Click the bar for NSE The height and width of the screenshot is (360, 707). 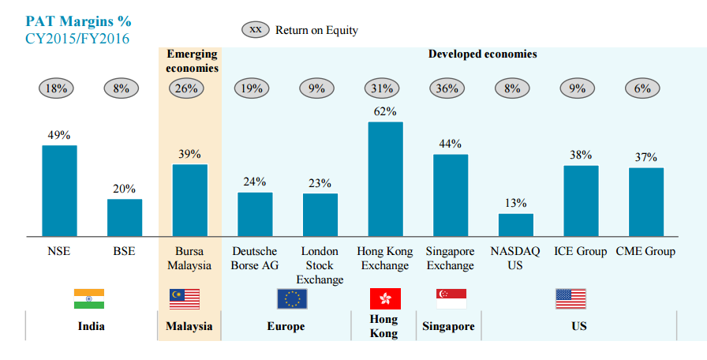pyautogui.click(x=59, y=190)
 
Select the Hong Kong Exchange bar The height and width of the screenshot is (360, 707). pyautogui.click(x=385, y=179)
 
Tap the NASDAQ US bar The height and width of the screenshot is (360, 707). pyautogui.click(x=516, y=225)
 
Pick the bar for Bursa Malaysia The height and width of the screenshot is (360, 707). pyautogui.click(x=190, y=201)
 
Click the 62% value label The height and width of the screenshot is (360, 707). pyautogui.click(x=385, y=112)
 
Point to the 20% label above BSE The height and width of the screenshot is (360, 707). pyautogui.click(x=125, y=189)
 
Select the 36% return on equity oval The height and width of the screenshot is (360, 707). pyautogui.click(x=447, y=88)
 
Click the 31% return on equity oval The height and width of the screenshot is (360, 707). pyautogui.click(x=382, y=88)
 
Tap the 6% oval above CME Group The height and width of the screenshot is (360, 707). pyautogui.click(x=642, y=88)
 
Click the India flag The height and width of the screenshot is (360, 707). pyautogui.click(x=89, y=298)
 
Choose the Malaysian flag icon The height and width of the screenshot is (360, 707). pyautogui.click(x=185, y=298)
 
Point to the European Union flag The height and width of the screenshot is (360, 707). pyautogui.click(x=292, y=298)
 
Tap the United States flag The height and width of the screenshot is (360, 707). pyautogui.click(x=570, y=298)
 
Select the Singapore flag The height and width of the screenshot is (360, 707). pyautogui.click(x=451, y=298)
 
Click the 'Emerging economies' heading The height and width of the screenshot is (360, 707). pyautogui.click(x=193, y=61)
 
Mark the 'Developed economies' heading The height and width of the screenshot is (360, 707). pyautogui.click(x=482, y=54)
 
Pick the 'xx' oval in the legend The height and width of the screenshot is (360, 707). pyautogui.click(x=255, y=30)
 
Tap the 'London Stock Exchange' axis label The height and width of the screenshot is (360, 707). pyautogui.click(x=320, y=265)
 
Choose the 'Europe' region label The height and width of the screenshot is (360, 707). pyautogui.click(x=286, y=326)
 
